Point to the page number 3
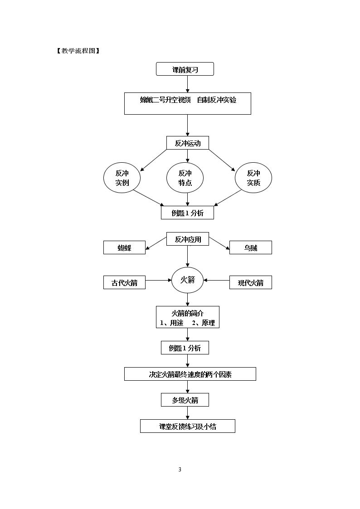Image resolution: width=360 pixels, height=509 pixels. click(180, 470)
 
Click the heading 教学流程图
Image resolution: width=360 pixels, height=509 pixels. click(78, 51)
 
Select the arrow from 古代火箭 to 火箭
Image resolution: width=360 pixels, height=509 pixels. click(158, 280)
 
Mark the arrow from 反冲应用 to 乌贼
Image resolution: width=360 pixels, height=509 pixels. click(219, 244)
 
